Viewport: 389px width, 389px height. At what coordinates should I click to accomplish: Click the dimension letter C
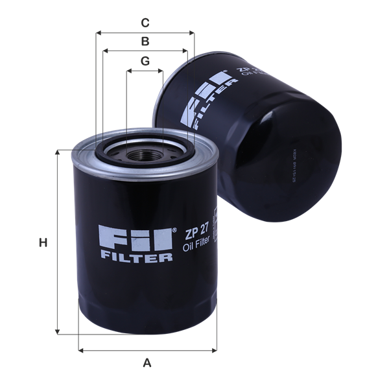[146, 23]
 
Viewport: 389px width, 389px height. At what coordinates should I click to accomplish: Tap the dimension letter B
[146, 41]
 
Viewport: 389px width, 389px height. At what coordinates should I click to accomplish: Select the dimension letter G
[145, 61]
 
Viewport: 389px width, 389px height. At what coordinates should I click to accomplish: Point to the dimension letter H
[43, 243]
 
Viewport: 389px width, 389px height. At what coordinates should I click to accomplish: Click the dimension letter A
[147, 363]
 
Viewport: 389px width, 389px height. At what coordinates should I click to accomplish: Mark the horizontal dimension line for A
[147, 351]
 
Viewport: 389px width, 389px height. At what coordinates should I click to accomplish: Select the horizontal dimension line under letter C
[145, 32]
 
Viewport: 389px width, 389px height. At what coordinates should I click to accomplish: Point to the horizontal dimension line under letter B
[146, 51]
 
